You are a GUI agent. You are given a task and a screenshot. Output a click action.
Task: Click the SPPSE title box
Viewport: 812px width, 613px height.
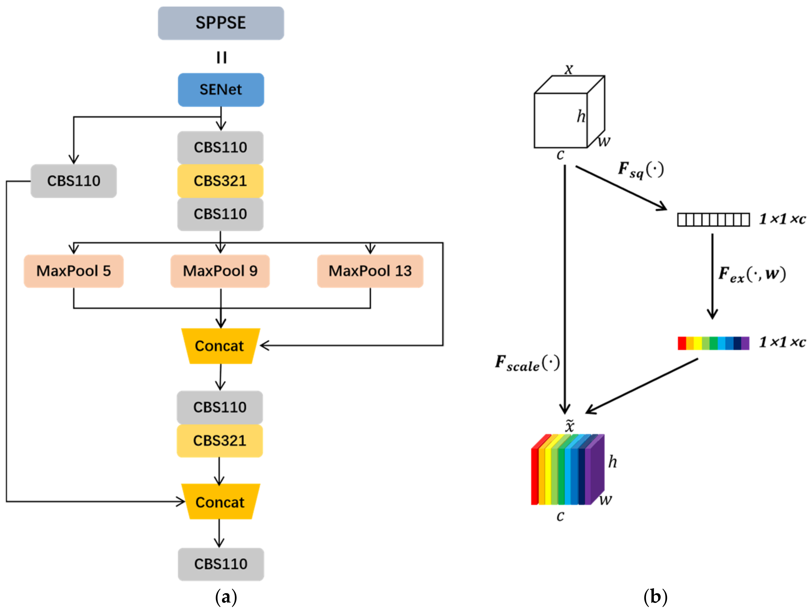pos(221,23)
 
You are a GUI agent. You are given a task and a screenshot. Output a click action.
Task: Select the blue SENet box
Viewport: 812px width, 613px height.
pos(221,90)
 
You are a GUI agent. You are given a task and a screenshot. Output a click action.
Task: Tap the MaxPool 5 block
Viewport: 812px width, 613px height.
pos(73,271)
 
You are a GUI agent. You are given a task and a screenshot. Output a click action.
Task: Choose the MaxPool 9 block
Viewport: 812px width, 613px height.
pos(220,271)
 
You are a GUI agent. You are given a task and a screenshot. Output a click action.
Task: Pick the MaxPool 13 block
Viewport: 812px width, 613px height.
pos(370,271)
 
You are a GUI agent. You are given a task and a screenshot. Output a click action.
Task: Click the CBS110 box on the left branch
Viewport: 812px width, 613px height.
pos(73,181)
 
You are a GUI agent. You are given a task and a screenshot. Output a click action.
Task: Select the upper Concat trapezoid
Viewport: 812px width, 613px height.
pos(220,346)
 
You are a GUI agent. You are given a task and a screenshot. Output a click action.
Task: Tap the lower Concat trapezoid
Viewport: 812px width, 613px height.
pos(220,502)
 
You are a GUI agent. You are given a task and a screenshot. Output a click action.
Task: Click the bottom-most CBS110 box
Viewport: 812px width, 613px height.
pos(221,564)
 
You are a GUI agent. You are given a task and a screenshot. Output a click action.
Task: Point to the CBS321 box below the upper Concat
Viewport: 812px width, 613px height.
pos(220,440)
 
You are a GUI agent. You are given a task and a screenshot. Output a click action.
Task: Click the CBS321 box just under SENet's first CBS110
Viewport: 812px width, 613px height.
pos(220,181)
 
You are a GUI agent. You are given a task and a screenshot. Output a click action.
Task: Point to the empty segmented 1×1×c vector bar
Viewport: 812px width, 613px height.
pos(713,220)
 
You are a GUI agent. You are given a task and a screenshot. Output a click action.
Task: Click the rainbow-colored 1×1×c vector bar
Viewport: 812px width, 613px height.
pos(713,343)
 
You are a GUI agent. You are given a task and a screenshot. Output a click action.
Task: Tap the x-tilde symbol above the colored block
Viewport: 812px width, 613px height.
pos(569,426)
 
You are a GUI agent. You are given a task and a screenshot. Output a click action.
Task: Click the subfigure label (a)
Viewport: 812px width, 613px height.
pos(226,596)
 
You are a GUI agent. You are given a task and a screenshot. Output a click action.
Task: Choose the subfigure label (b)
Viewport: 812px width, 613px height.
pos(655,596)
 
